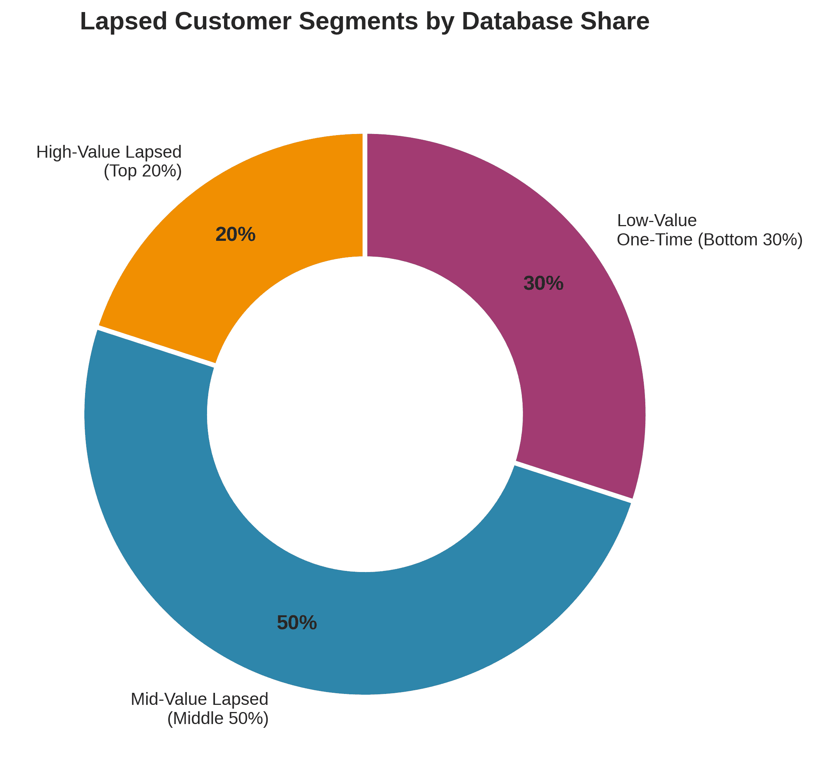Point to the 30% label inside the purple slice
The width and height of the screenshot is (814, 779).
click(544, 284)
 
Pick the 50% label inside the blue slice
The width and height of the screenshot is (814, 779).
click(297, 623)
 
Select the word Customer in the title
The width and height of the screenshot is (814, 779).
click(233, 22)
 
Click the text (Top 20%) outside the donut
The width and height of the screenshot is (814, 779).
click(142, 171)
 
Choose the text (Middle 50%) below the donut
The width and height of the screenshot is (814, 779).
click(218, 718)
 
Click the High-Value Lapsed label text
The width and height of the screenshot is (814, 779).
click(109, 152)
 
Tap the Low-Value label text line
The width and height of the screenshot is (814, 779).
click(657, 221)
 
